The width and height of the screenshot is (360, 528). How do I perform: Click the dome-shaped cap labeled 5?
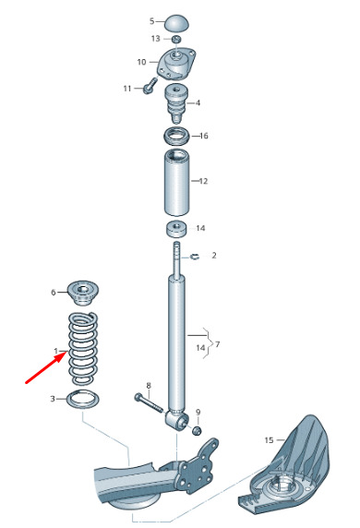[x=177, y=23]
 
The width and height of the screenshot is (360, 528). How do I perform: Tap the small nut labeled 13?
[x=175, y=40]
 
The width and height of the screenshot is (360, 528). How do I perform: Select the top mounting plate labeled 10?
[x=176, y=64]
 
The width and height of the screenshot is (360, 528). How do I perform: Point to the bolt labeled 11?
[x=149, y=87]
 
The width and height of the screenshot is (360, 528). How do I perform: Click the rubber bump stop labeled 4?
[x=175, y=103]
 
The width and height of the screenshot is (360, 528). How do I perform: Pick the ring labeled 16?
[x=175, y=136]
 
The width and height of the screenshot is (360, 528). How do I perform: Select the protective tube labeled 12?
[x=176, y=182]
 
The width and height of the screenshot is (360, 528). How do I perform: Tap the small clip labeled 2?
[x=195, y=258]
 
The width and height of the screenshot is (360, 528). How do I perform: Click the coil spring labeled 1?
[x=83, y=348]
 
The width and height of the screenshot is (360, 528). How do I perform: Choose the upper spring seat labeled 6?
[x=81, y=293]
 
